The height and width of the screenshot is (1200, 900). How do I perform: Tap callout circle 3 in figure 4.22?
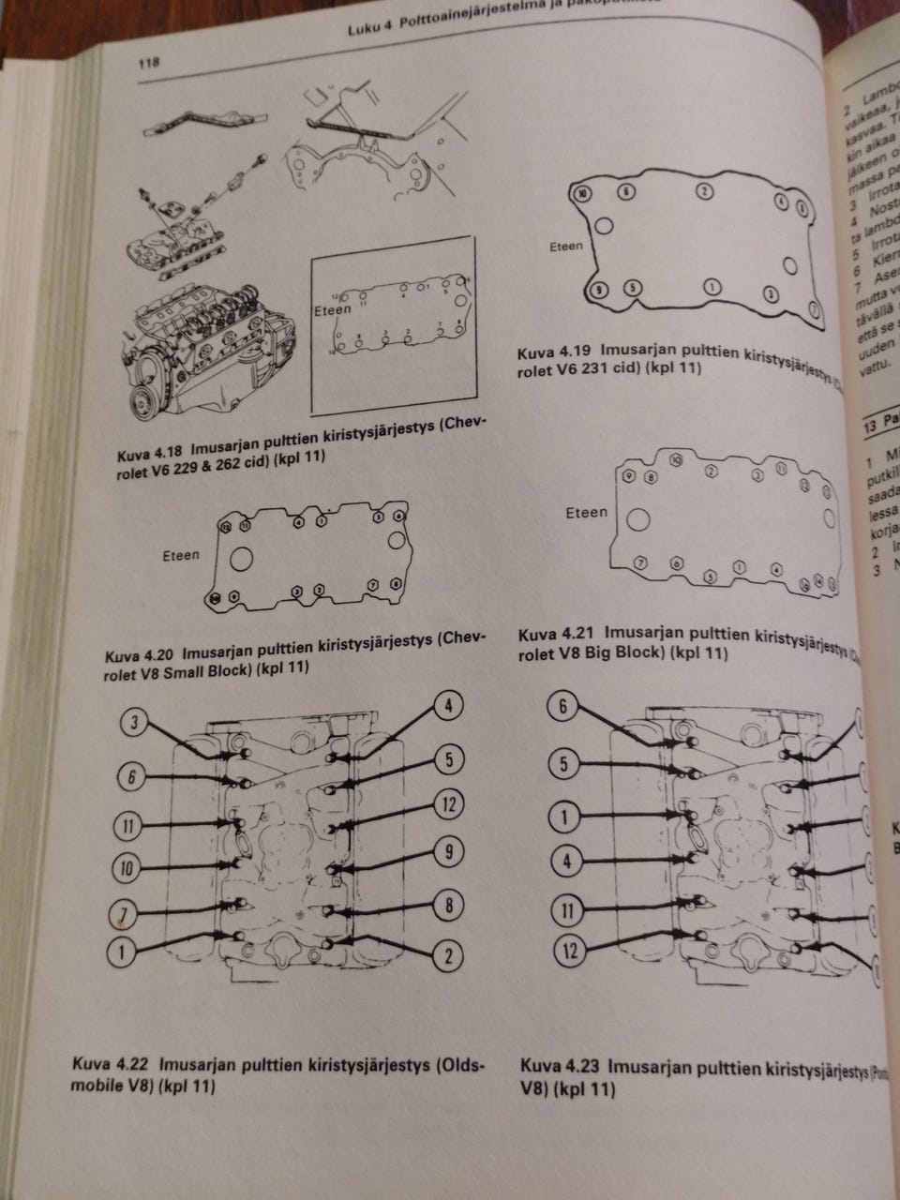(x=136, y=722)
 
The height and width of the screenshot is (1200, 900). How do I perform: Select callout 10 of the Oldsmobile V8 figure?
(x=127, y=869)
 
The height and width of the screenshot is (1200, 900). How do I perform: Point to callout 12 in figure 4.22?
(x=449, y=803)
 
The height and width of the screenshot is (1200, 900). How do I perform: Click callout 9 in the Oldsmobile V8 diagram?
(x=449, y=851)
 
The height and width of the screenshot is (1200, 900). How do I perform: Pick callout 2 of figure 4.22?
(x=448, y=955)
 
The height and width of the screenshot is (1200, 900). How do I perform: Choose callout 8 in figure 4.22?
(x=449, y=906)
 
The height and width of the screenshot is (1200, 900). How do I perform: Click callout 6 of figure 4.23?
(x=562, y=707)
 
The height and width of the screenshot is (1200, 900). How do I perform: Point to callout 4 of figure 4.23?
(x=565, y=860)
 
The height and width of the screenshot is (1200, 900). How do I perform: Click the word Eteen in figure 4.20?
(x=181, y=555)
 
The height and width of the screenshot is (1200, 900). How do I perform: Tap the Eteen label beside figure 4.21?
(x=586, y=513)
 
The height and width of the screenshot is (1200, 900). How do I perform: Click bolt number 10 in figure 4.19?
(x=584, y=193)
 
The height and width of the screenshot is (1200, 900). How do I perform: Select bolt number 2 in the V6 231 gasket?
(x=704, y=191)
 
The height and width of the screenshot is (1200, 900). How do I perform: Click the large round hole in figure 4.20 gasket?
(x=242, y=560)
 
